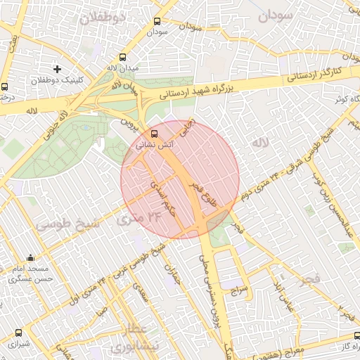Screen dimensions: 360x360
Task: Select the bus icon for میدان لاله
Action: click(123, 58)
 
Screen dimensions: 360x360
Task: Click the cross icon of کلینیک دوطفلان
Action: click(57, 69)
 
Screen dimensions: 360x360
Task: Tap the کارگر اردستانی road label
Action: click(317, 72)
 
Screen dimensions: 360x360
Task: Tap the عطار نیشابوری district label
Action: click(128, 339)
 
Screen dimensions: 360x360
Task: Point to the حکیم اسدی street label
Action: click(160, 195)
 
